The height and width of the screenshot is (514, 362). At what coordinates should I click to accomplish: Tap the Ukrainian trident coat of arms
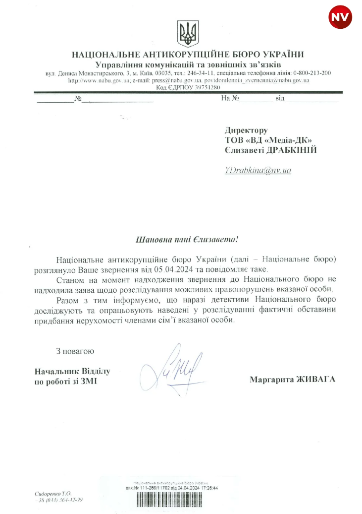tap(188, 34)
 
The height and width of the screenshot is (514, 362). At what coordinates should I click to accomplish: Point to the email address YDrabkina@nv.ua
tap(258, 170)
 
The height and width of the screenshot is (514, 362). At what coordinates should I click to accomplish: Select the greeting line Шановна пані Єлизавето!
tap(187, 240)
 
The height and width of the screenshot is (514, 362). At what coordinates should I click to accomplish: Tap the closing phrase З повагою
tap(75, 351)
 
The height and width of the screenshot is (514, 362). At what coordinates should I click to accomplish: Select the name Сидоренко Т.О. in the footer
tap(53, 494)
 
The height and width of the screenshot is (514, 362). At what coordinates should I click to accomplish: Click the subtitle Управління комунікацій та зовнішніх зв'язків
tap(188, 64)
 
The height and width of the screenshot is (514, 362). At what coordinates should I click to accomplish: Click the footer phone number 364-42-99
tap(72, 500)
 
